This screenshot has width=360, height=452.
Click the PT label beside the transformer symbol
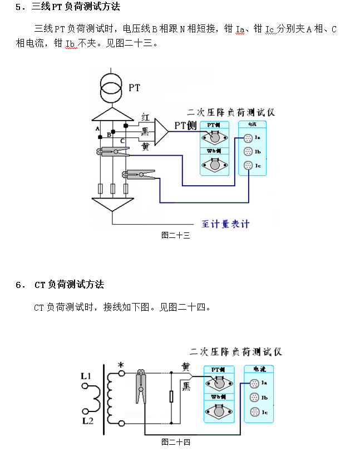(134, 88)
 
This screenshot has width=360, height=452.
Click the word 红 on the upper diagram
(145, 117)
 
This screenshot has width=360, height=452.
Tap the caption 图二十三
(176, 235)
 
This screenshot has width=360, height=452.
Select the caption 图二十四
(176, 442)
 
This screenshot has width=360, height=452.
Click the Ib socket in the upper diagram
(248, 151)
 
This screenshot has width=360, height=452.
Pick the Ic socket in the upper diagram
(248, 165)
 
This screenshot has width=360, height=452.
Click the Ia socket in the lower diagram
(254, 383)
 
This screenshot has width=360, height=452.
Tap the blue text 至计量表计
(225, 223)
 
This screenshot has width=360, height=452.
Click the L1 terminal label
(86, 376)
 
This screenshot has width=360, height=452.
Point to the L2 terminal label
(87, 421)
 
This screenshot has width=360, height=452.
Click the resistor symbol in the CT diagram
(171, 396)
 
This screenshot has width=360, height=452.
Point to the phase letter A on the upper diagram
(98, 129)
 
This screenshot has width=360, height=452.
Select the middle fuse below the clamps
(112, 189)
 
